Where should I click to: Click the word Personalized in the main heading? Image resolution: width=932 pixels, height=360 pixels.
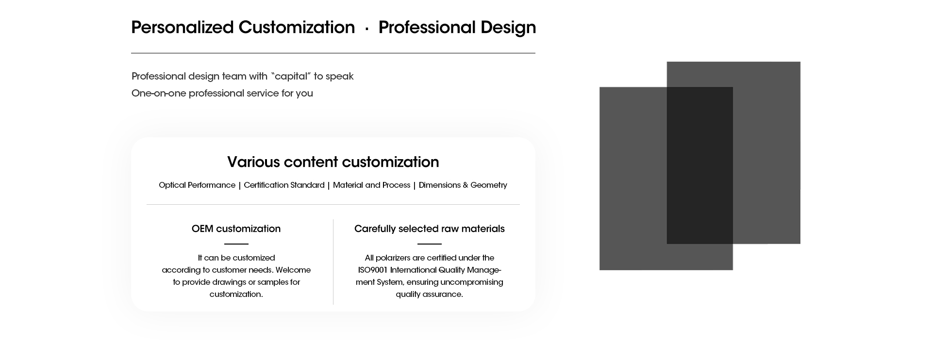[x=183, y=28]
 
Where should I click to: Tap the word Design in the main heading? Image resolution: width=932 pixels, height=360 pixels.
[x=508, y=28]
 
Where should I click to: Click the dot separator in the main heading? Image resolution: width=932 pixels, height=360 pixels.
[x=366, y=30]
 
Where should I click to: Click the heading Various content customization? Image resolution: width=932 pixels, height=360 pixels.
[x=333, y=162]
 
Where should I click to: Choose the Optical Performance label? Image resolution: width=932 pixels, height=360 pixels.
[x=197, y=185]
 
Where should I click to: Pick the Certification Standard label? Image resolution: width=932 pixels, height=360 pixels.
[x=284, y=185]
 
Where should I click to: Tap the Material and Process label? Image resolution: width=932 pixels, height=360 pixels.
[x=371, y=185]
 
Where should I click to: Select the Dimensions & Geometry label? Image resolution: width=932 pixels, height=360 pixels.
[x=463, y=185]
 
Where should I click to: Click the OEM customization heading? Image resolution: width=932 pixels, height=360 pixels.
[x=236, y=229]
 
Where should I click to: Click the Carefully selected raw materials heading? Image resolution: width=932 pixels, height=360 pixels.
[x=430, y=229]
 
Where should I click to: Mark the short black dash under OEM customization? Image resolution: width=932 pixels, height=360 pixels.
[x=236, y=244]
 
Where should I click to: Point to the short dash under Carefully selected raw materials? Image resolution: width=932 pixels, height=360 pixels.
[x=430, y=244]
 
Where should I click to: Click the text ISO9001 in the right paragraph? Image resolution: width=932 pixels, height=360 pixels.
[x=373, y=270]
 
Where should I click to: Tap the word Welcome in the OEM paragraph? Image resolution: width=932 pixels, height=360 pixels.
[x=293, y=270]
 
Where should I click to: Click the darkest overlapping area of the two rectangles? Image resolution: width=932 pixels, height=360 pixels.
[x=699, y=165]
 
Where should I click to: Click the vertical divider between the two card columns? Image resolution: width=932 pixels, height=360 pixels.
[x=333, y=262]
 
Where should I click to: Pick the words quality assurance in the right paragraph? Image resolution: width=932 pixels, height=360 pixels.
[x=429, y=295]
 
